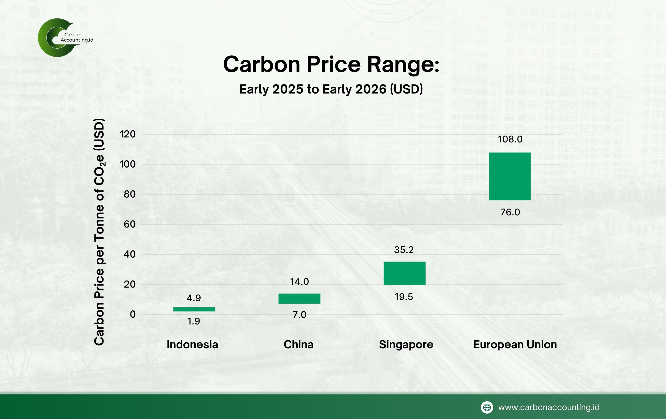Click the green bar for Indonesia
click(x=194, y=309)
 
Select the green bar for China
click(x=299, y=298)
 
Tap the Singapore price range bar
click(x=404, y=273)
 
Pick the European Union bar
click(x=510, y=176)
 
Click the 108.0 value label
click(x=510, y=139)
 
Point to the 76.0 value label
click(x=510, y=212)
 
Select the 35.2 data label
click(x=404, y=250)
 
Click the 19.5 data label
click(x=404, y=297)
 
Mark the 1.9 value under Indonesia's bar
click(x=194, y=321)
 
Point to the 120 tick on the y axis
click(x=127, y=134)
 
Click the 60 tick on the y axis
click(x=130, y=224)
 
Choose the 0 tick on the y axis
click(x=133, y=314)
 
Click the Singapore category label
click(x=406, y=345)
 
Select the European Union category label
click(x=515, y=344)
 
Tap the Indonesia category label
click(x=192, y=344)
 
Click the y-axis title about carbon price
click(x=99, y=232)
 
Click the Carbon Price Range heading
click(x=331, y=64)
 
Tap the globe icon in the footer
click(x=487, y=407)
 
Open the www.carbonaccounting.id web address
click(x=549, y=407)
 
